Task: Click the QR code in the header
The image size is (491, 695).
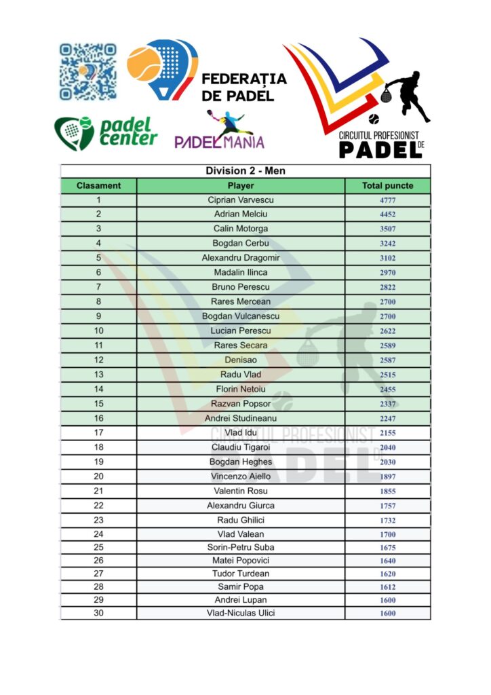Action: (88, 72)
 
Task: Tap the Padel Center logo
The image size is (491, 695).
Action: (106, 132)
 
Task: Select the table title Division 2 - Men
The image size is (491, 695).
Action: (245, 171)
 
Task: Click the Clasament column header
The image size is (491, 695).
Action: (99, 185)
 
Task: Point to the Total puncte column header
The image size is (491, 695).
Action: (388, 185)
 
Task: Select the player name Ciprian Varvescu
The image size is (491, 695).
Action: (241, 200)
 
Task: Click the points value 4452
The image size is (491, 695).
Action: (388, 214)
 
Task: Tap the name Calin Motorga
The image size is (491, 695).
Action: (241, 229)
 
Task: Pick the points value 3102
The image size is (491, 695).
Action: (388, 258)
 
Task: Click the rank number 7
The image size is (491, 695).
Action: (99, 287)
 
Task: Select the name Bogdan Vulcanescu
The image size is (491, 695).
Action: (241, 316)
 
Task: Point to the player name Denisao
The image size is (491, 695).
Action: (241, 360)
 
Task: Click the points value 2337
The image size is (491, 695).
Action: (388, 404)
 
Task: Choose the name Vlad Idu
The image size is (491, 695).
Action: (241, 433)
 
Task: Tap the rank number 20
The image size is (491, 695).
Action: (99, 476)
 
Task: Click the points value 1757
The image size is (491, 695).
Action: (388, 506)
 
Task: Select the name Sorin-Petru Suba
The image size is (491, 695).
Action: (241, 547)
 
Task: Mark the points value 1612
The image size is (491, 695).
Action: (388, 587)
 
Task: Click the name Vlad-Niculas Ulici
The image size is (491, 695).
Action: (241, 613)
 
